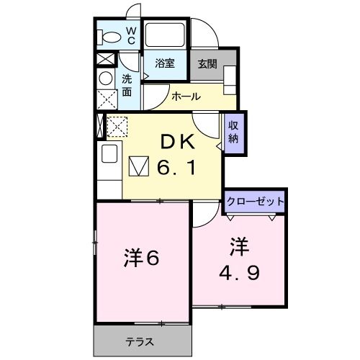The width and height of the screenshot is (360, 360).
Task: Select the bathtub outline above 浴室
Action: pos(166,35)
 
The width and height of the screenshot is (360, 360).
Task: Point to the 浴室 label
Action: pos(164,63)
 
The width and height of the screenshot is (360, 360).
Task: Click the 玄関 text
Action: pos(207,63)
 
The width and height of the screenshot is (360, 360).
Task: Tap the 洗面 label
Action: pos(127,85)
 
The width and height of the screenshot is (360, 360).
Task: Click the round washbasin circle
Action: pos(106,78)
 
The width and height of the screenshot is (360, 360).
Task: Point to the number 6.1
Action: pos(176,168)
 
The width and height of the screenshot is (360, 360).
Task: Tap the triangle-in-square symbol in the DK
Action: pos(138,167)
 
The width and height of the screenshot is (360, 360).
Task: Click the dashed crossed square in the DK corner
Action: pos(117,127)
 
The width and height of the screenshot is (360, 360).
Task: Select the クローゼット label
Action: pos(254,201)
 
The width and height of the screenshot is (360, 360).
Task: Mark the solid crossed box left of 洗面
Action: pos(105,60)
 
